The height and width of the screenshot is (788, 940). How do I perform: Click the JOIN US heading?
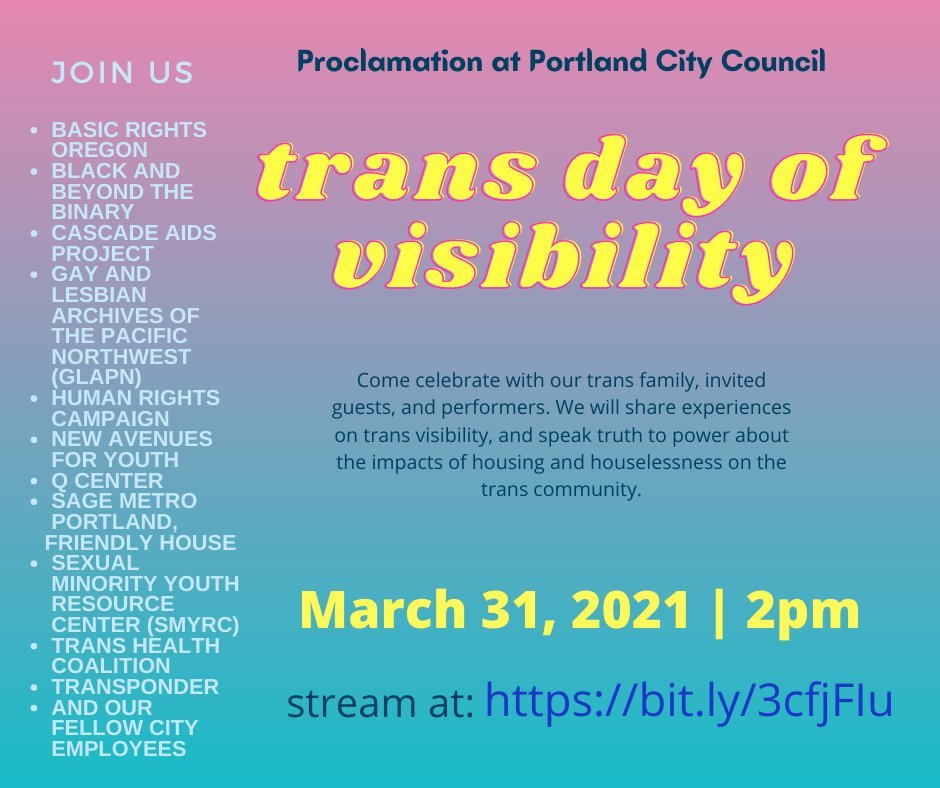click(x=122, y=73)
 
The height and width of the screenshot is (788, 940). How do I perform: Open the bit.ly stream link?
click(x=688, y=701)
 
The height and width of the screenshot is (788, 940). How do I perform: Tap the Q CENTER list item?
click(x=107, y=481)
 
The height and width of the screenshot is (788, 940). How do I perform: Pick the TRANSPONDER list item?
click(x=135, y=687)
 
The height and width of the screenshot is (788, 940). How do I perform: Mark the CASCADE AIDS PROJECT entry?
click(x=133, y=243)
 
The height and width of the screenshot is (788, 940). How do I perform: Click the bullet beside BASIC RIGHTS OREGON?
click(x=36, y=130)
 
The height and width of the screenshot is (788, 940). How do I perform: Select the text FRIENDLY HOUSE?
click(x=141, y=543)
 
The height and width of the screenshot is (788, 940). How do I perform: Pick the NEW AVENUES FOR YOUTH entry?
click(x=131, y=449)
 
